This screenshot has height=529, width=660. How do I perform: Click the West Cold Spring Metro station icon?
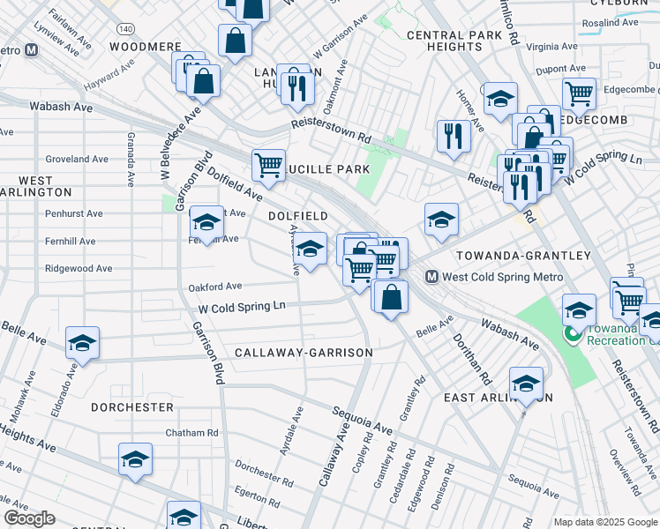[432, 277]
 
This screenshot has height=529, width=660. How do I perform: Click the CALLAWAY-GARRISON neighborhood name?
[304, 353]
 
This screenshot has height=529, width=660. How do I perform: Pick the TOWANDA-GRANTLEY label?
[523, 256]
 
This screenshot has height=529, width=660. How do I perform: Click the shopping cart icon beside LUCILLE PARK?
[267, 164]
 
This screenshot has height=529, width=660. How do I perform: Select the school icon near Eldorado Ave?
[82, 342]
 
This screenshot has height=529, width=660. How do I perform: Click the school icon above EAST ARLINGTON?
[526, 383]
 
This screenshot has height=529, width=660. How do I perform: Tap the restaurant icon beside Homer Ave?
[454, 136]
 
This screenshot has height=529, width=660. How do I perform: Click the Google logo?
[30, 518]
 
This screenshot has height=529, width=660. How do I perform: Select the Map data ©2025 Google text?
[604, 522]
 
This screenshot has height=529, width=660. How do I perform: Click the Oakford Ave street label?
[214, 287]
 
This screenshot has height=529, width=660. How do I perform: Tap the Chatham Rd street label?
[191, 433]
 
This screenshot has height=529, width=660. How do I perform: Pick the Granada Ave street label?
[130, 160]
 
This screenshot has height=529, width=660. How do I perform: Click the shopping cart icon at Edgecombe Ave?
[579, 93]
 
